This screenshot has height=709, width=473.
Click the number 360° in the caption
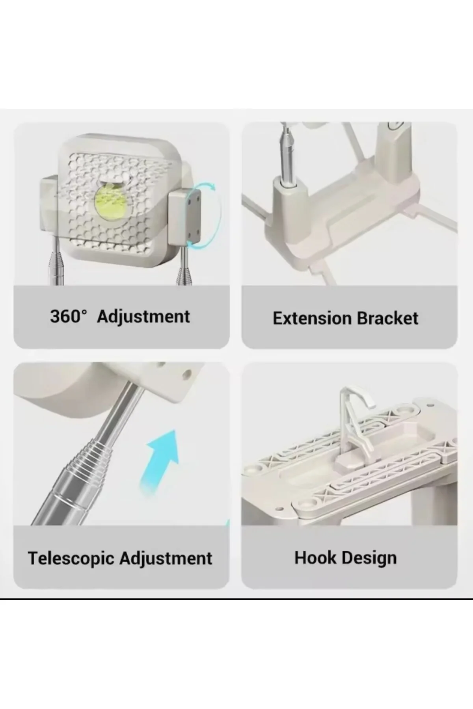tap(68, 316)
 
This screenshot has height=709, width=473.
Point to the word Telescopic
tap(71, 559)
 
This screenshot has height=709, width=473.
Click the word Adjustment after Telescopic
tap(166, 558)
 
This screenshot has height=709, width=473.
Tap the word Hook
tap(315, 558)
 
